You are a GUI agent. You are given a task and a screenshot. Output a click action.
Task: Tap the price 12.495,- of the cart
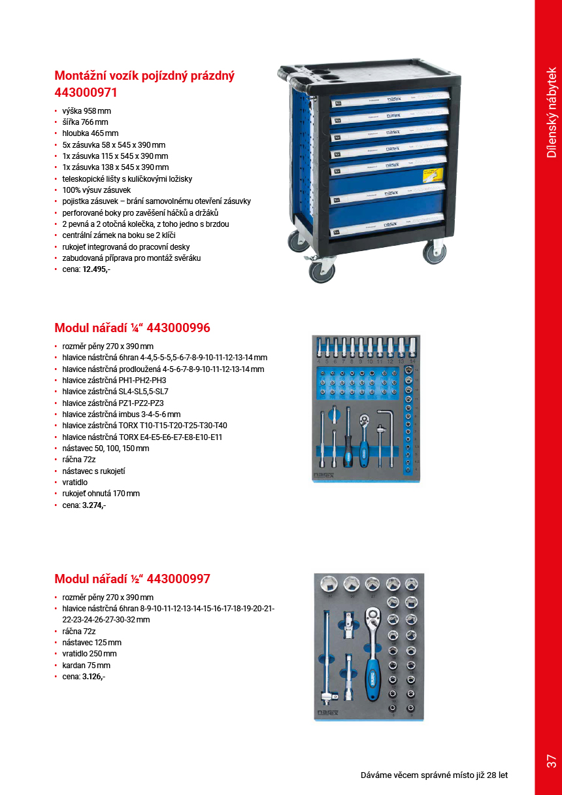coord(96,269)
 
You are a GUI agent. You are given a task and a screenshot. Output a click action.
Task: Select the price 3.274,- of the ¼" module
coord(94,505)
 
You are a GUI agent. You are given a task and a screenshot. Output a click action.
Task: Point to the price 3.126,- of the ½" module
coord(93,677)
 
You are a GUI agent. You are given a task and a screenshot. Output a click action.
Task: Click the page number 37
coord(551,761)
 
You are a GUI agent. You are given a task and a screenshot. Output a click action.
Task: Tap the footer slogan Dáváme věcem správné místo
coord(434,775)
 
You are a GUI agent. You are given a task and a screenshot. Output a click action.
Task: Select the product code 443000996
coord(179,328)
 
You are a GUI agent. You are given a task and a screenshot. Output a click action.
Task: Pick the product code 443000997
coord(178,579)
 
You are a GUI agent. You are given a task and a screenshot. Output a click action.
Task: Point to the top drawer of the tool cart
coord(388,99)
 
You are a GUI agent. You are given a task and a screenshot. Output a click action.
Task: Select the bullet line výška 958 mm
coord(87,110)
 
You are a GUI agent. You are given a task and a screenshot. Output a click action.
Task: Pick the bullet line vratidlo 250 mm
coord(90,654)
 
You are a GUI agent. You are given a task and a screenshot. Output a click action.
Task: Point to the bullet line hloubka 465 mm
coord(90,133)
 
